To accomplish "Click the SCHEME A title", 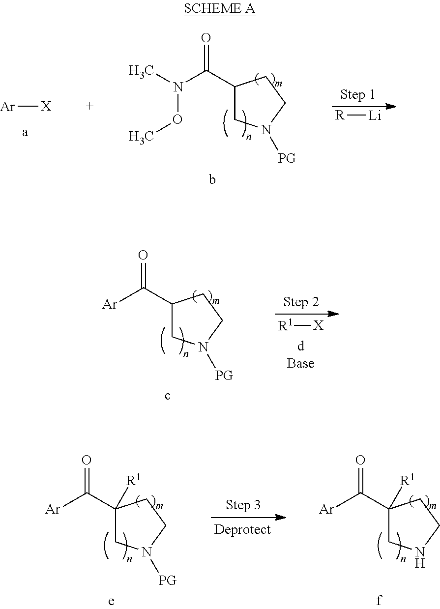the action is tap(220, 9).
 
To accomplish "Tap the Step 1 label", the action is tap(357, 94).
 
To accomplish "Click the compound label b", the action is tap(212, 180).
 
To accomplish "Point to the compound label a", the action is tap(25, 132).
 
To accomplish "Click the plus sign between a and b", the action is tap(90, 107).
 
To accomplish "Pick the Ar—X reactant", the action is tap(26, 107).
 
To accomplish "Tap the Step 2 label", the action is tap(300, 302).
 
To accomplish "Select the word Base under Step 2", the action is tap(300, 364).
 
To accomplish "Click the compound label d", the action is tap(300, 346).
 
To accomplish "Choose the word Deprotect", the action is tap(242, 529).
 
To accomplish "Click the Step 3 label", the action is tap(243, 505).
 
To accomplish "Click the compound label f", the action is tap(379, 600).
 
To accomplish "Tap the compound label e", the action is tap(111, 601).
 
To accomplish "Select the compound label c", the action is tap(168, 395).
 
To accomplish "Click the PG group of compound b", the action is tap(287, 159).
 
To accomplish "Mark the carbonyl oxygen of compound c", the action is tap(143, 255).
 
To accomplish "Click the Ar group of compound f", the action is tap(326, 509).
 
